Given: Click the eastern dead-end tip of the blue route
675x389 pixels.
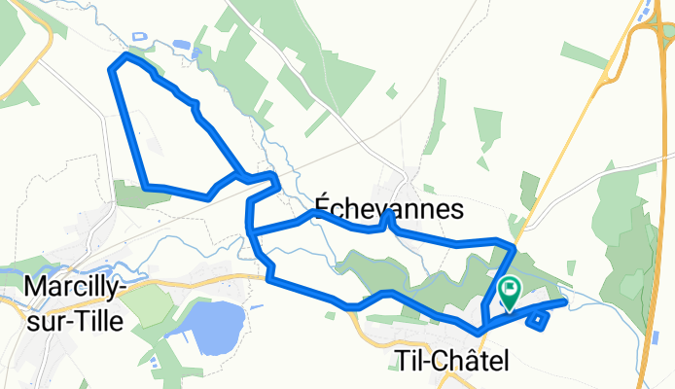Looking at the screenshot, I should click(x=562, y=302).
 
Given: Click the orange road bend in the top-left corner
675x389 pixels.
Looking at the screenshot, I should click(x=39, y=58).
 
